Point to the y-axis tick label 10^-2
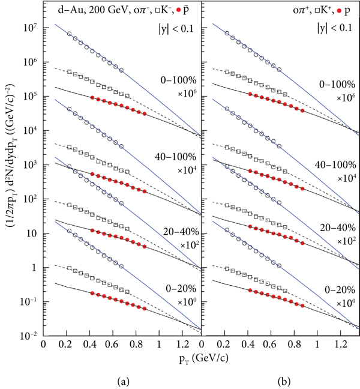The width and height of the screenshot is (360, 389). [29, 337]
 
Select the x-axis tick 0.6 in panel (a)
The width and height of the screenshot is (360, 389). [112, 346]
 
